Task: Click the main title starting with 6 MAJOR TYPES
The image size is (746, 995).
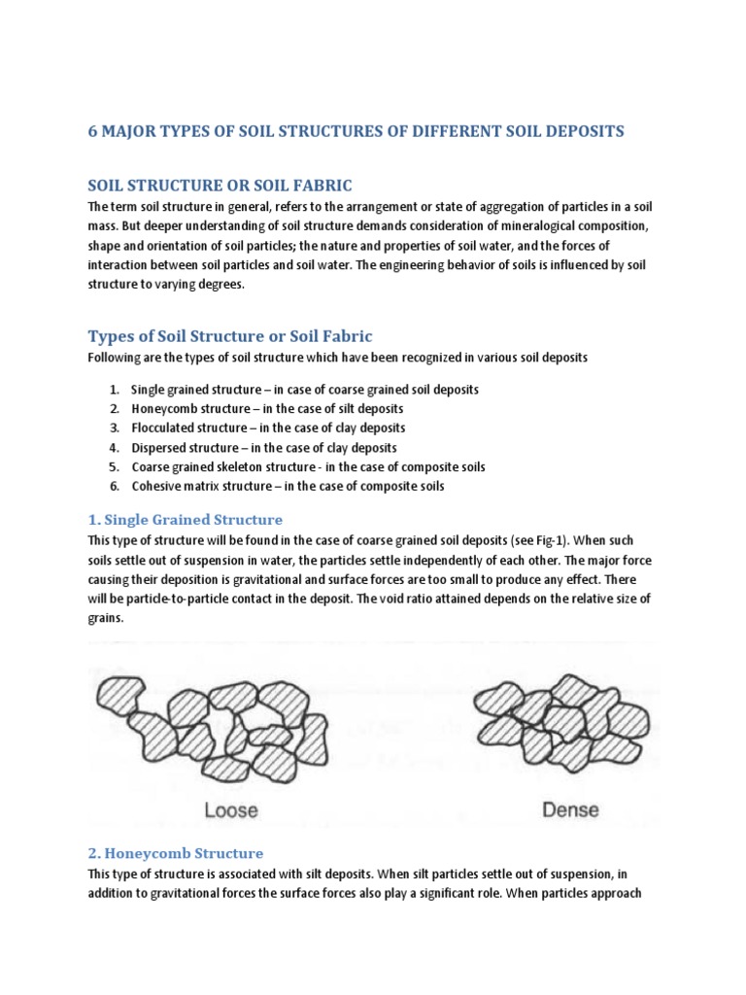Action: [356, 131]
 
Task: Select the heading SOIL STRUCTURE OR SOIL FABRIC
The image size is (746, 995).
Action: [220, 185]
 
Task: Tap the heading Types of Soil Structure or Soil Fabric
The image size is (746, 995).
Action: [230, 336]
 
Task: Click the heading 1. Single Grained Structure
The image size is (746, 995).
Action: [185, 519]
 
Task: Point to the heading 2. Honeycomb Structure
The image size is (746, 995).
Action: [175, 853]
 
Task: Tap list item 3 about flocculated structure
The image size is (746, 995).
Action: [268, 428]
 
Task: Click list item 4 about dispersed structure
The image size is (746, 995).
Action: [264, 448]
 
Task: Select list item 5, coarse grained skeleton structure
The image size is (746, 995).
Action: [308, 467]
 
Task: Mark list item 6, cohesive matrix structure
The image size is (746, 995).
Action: [288, 486]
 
